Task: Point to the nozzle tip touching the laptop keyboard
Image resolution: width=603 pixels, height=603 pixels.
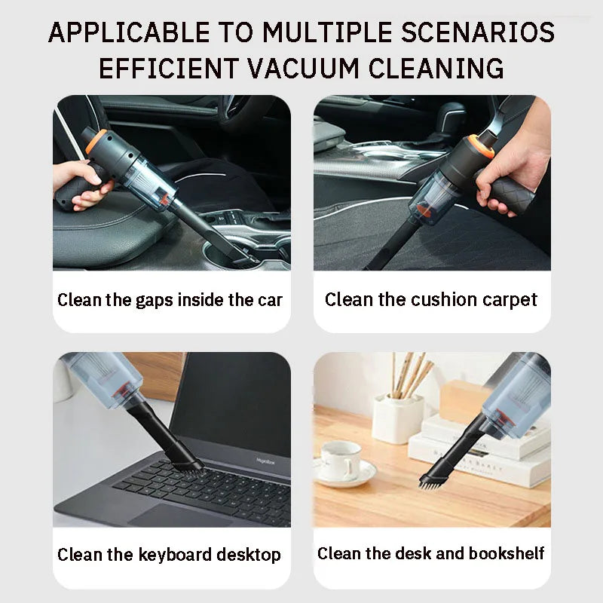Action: pos(187,464)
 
